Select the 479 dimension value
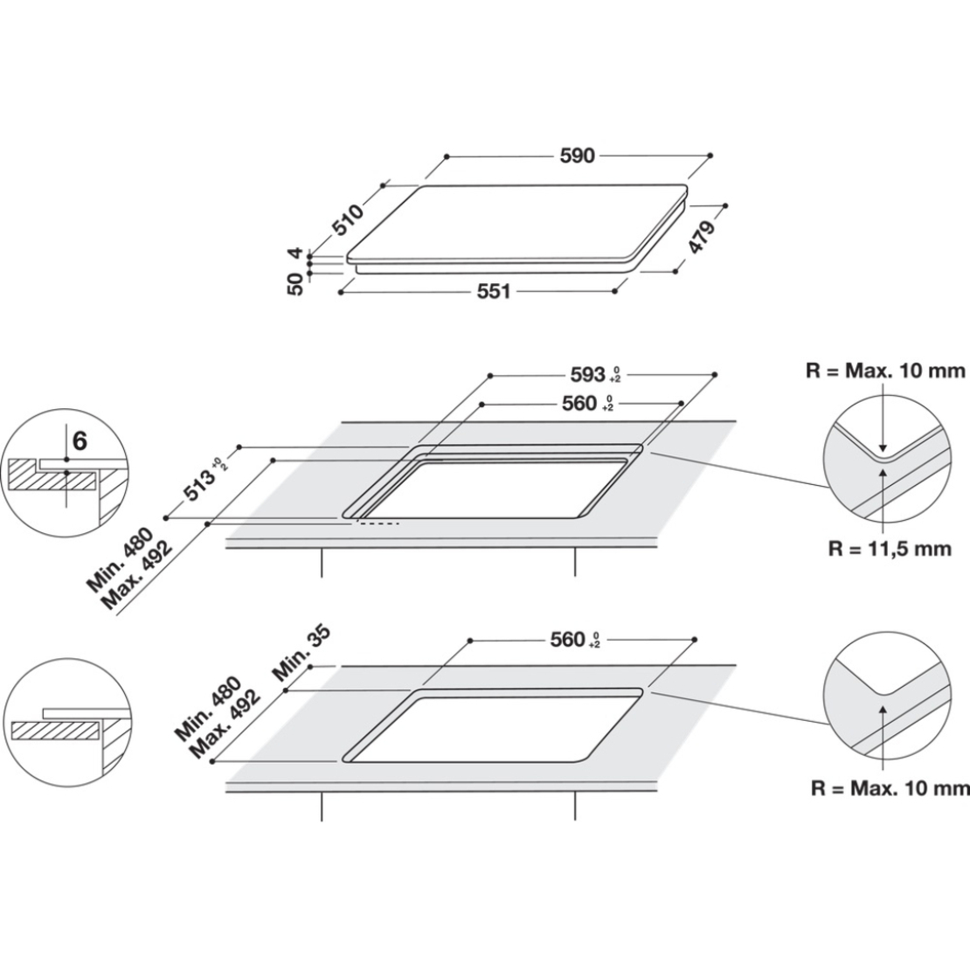pyautogui.click(x=702, y=238)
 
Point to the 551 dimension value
pyautogui.click(x=494, y=292)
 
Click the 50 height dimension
pyautogui.click(x=295, y=284)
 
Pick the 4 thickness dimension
pyautogui.click(x=295, y=254)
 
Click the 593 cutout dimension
pyautogui.click(x=590, y=374)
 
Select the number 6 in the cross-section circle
pyautogui.click(x=80, y=441)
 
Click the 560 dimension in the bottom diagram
pyautogui.click(x=568, y=640)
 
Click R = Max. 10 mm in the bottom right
pyautogui.click(x=890, y=787)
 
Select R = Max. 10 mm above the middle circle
pyautogui.click(x=884, y=371)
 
